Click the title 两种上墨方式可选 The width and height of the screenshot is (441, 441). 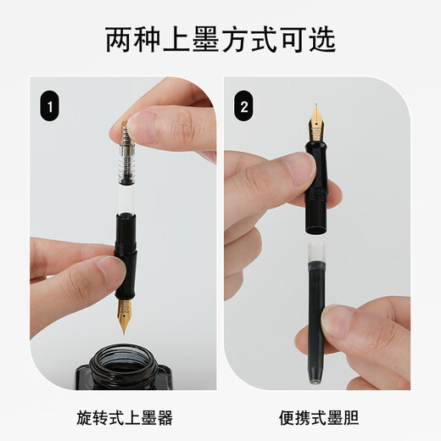pyautogui.click(x=220, y=39)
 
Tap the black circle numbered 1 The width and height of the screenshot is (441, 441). pyautogui.click(x=51, y=108)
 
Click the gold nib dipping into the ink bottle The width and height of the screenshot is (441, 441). pyautogui.click(x=125, y=314)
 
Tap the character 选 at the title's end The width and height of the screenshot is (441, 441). pyautogui.click(x=321, y=39)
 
